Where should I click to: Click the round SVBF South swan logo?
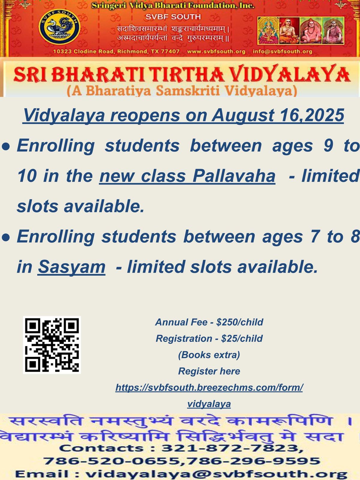tap(59, 27)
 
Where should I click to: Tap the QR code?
tap(52, 345)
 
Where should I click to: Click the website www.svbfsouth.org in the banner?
tap(216, 52)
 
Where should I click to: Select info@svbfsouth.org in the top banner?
tap(282, 52)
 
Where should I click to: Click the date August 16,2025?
tap(278, 115)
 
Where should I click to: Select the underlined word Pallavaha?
tap(234, 176)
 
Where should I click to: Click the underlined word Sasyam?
tap(71, 267)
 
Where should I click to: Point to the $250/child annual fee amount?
tap(240, 322)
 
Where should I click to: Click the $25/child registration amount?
tap(242, 338)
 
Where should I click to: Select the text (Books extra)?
tap(209, 355)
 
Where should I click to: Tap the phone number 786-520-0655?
tap(112, 461)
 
